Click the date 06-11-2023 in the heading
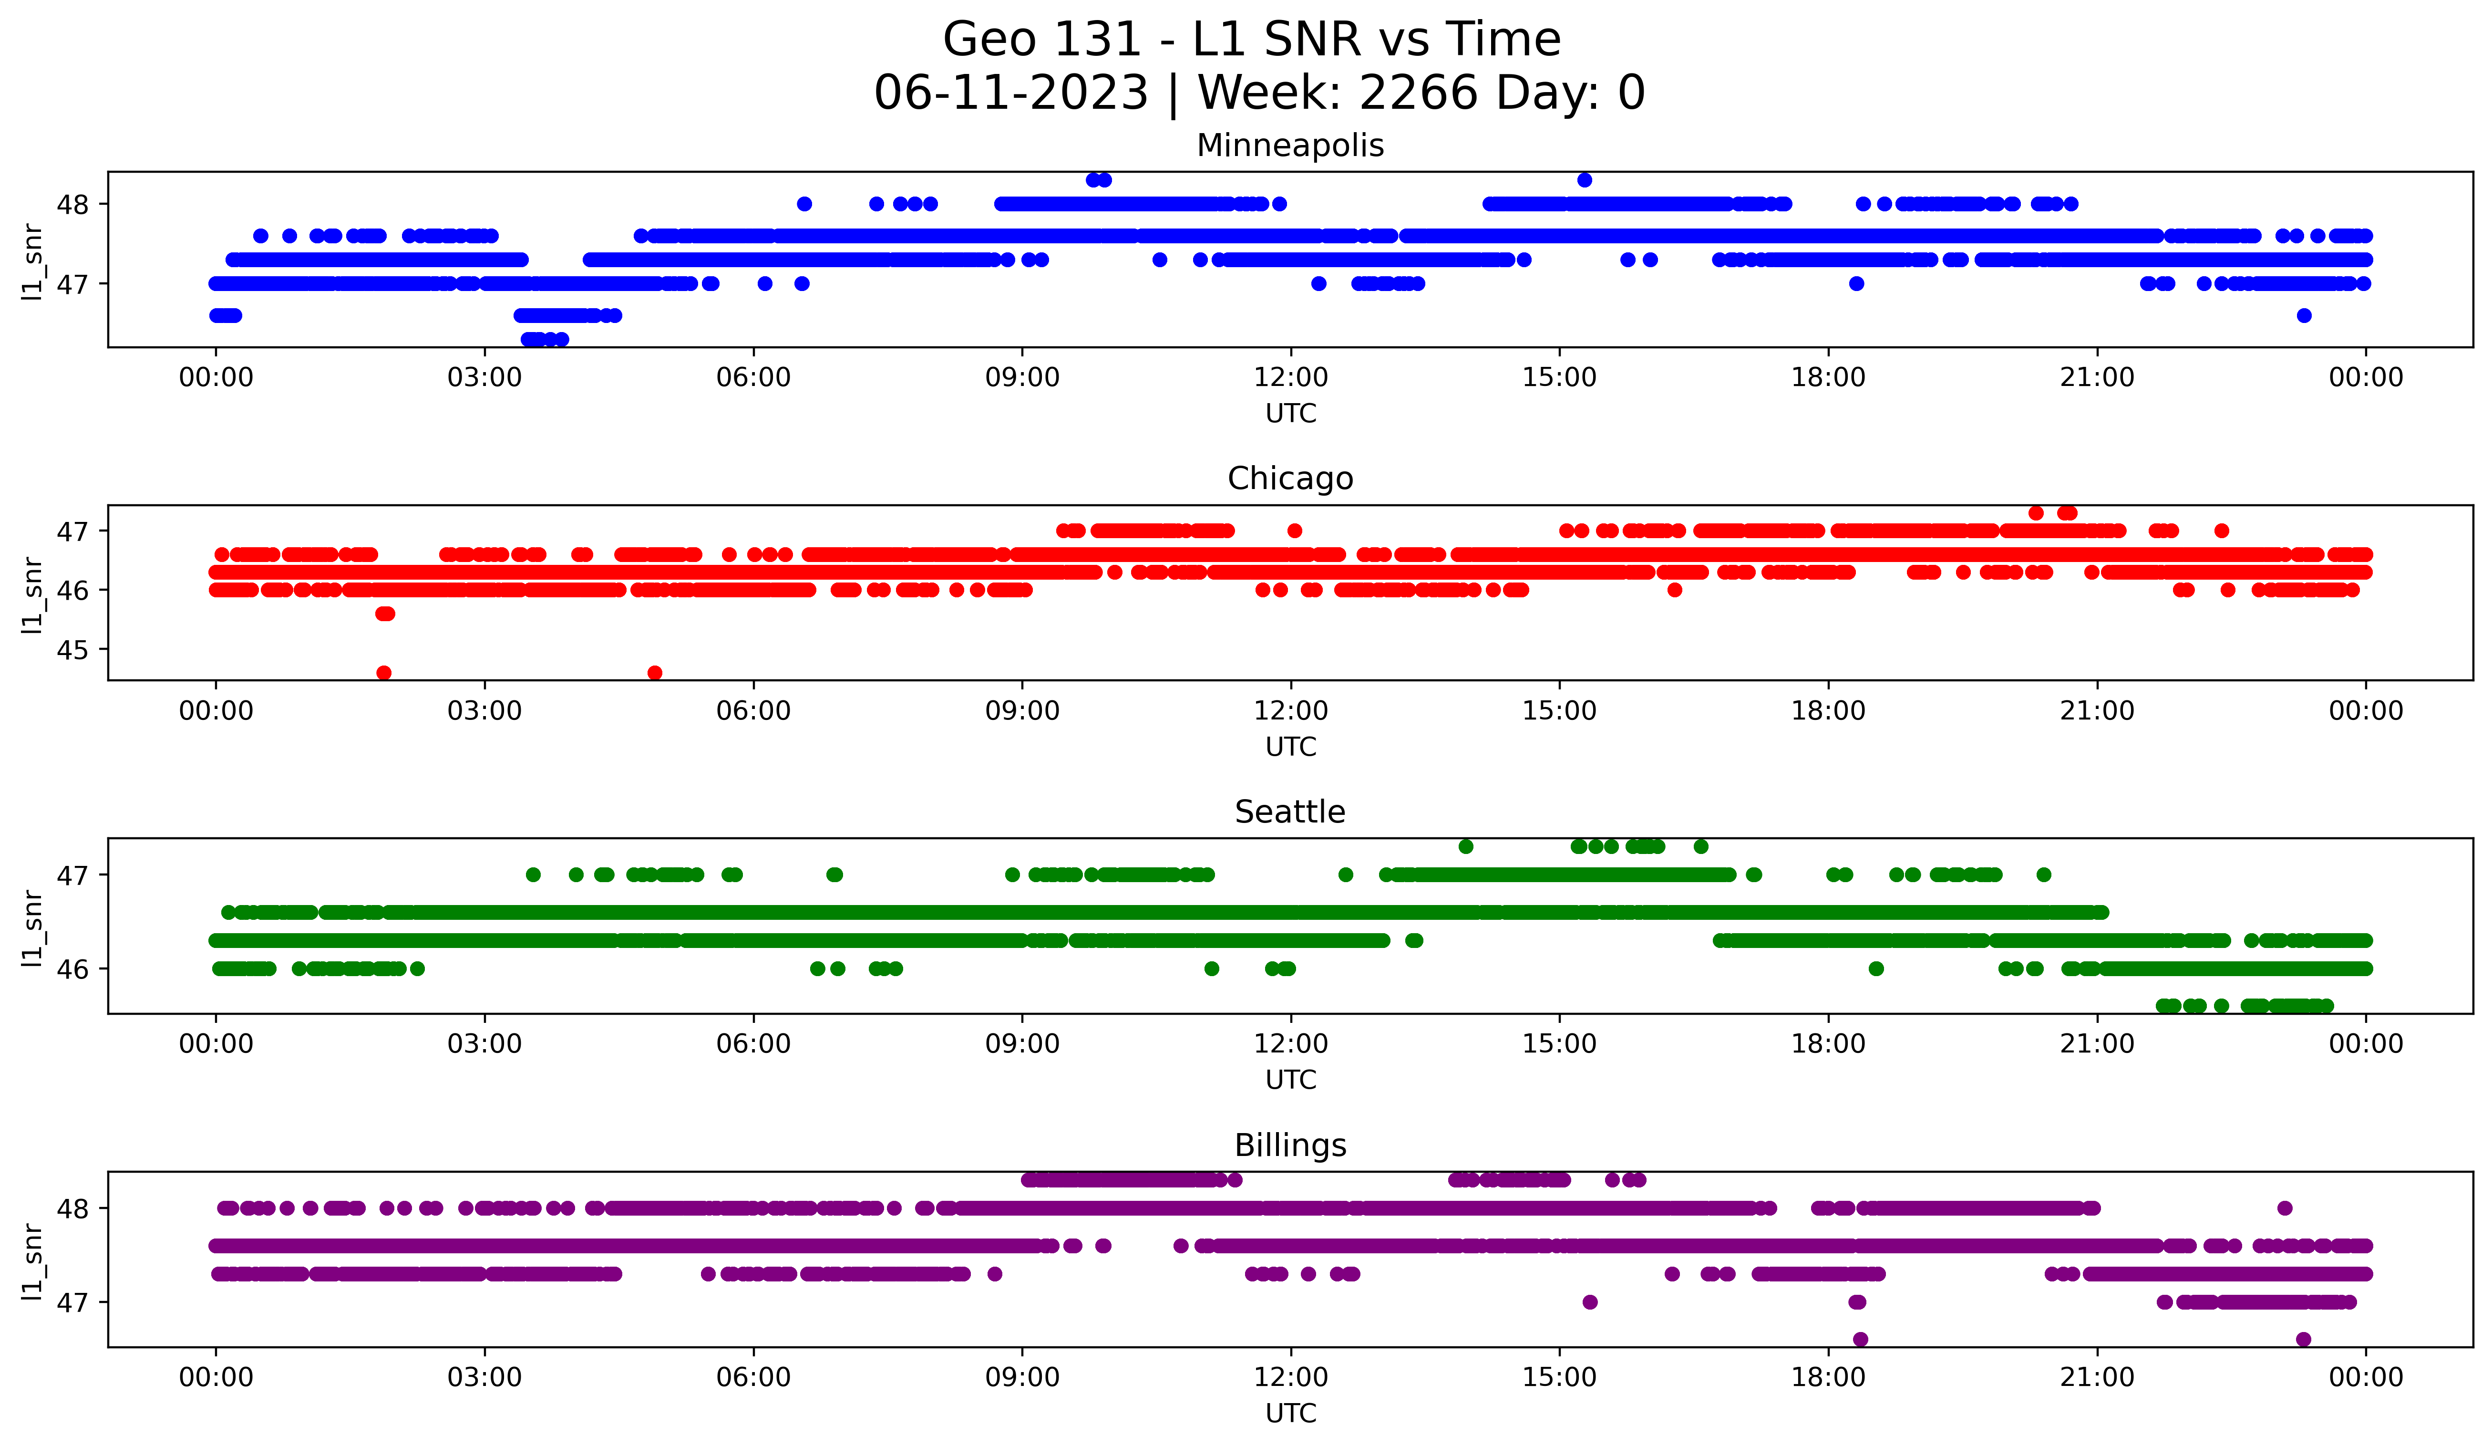pyautogui.click(x=1010, y=93)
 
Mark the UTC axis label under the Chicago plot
pyautogui.click(x=1290, y=747)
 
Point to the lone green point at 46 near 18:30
pyautogui.click(x=1876, y=968)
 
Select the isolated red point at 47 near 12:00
pyautogui.click(x=1295, y=531)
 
